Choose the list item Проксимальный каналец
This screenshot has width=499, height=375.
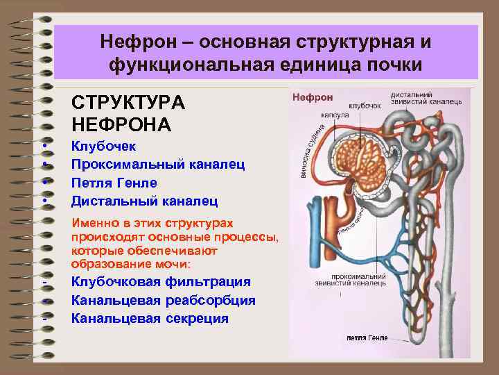click(158, 165)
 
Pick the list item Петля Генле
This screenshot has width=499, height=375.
click(114, 183)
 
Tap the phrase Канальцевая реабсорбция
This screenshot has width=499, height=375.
click(163, 300)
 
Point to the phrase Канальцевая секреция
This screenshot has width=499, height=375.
click(149, 318)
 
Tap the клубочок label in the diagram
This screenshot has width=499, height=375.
click(365, 106)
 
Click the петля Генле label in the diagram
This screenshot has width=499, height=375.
click(367, 338)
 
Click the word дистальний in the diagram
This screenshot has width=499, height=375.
click(412, 94)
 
